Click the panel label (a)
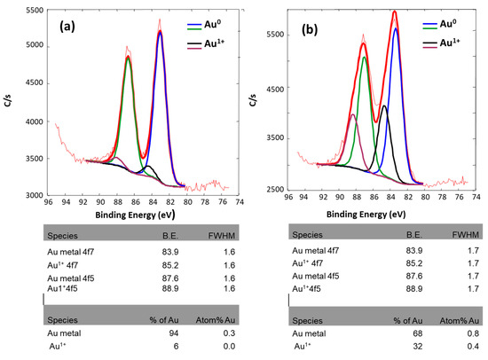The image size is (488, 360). [73, 26]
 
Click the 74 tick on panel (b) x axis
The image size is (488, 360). [477, 200]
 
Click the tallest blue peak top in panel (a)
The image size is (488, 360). [161, 31]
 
